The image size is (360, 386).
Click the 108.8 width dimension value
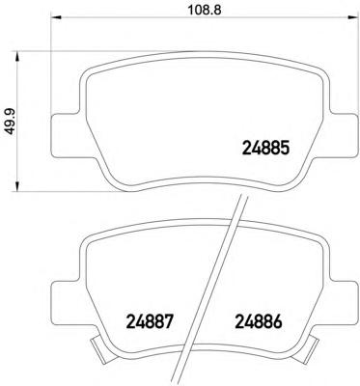(205, 11)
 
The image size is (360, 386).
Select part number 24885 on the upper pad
(265, 149)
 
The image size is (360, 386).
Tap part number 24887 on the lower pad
(150, 321)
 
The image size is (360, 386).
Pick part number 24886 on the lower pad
(259, 321)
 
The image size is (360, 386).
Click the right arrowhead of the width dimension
(353, 17)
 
